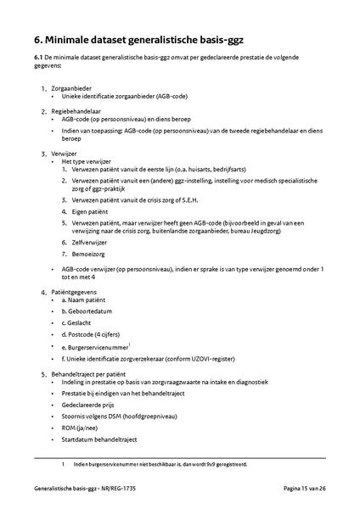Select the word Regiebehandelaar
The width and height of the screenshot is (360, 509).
coord(76,110)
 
